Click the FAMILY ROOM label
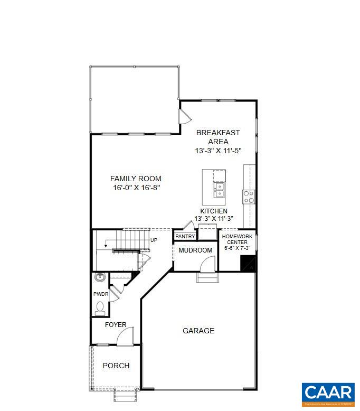[136, 179]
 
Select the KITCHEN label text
[214, 211]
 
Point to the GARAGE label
[198, 331]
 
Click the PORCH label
[116, 365]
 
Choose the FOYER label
[116, 324]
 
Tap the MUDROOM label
[195, 250]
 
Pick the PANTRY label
[185, 237]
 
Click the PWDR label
[100, 294]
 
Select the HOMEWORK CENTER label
[237, 239]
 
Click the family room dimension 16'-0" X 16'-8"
[136, 188]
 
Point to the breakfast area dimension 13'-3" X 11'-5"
[218, 151]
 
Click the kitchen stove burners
[249, 197]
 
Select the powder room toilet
[100, 307]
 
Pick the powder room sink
[100, 277]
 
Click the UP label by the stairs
[154, 240]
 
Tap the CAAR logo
[328, 394]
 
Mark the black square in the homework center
[248, 263]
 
